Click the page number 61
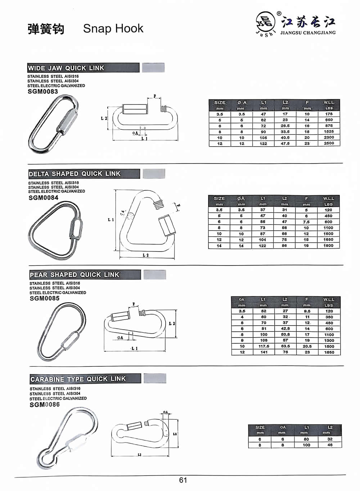[183, 480]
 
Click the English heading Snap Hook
[113, 28]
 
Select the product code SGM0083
[42, 91]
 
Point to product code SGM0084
[43, 197]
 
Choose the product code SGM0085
[44, 298]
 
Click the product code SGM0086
[45, 405]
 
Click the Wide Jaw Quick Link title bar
[83, 68]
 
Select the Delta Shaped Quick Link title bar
[84, 174]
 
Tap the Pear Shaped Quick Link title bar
[85, 275]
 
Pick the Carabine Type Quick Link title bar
[85, 379]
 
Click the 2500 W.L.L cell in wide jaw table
[329, 143]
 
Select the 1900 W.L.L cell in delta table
[328, 246]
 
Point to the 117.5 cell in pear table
[264, 346]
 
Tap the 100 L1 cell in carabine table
[306, 445]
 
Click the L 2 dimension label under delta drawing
[145, 255]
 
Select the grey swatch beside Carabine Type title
[155, 378]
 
